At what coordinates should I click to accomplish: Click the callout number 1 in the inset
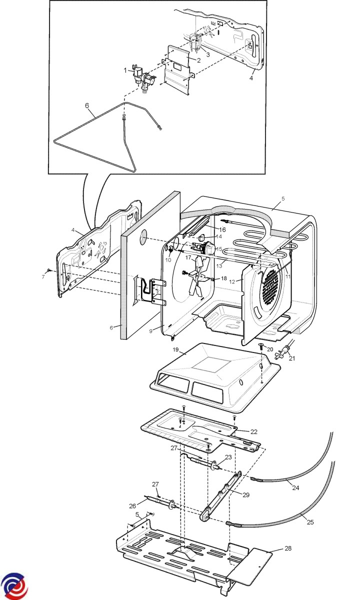[125, 70]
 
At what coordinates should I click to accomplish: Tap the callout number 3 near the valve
[207, 54]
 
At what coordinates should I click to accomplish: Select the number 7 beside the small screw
[43, 276]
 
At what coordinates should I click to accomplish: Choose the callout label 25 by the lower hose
[310, 522]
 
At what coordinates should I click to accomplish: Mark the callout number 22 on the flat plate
[253, 431]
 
